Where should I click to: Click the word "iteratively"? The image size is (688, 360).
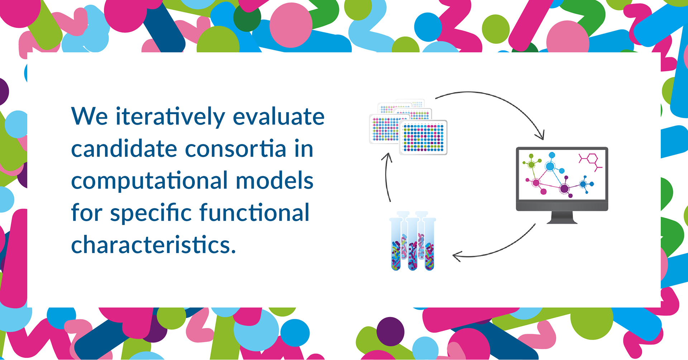pos(170,117)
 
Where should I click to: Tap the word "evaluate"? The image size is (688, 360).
pos(278,116)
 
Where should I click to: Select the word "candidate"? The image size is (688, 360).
pos(124,148)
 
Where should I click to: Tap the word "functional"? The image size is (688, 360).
pos(254,212)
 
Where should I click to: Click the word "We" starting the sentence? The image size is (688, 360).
pos(90,116)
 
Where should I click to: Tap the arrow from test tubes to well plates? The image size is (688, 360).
pos(386,177)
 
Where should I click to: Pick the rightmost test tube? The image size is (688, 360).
pos(429,244)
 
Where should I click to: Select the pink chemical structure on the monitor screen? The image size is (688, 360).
pos(590,162)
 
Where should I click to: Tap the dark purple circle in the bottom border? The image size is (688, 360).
pos(390,331)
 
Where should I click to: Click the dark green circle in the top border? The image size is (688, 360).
pos(247,17)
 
